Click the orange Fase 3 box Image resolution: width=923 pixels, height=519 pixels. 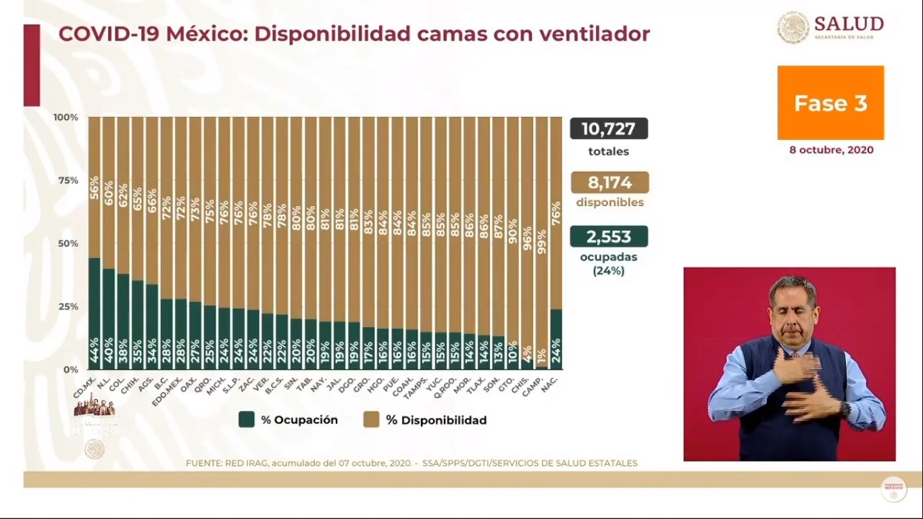tap(830, 103)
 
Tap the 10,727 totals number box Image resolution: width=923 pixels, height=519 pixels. tap(609, 128)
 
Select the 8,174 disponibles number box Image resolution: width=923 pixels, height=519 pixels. tap(609, 182)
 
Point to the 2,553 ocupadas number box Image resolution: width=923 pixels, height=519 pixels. tap(609, 237)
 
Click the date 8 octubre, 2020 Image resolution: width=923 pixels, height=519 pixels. tap(831, 150)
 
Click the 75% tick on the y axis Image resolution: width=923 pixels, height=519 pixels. tap(67, 180)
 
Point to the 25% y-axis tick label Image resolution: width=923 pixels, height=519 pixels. tap(67, 306)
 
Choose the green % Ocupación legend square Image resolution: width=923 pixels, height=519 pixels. tap(247, 420)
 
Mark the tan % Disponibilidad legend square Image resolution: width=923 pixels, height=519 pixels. tap(371, 420)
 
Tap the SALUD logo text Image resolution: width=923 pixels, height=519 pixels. tap(849, 24)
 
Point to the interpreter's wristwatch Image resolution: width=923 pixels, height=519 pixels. tap(845, 409)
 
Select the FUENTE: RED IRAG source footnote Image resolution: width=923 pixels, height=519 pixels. tap(411, 463)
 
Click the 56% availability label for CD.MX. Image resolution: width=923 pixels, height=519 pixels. tap(95, 188)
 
